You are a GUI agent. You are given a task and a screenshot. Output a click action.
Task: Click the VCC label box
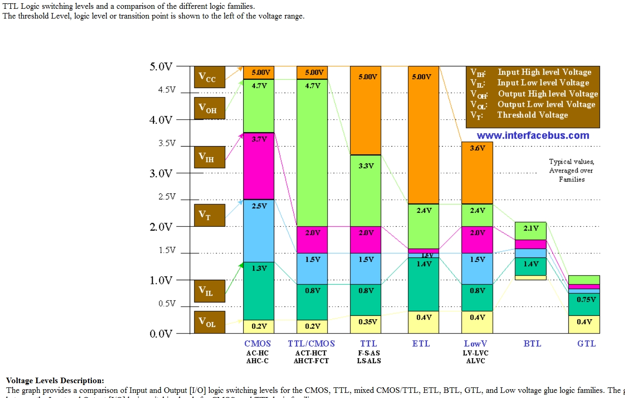[x=209, y=77]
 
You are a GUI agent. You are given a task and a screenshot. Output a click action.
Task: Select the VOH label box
[x=209, y=108]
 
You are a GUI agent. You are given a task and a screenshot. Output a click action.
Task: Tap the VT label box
[x=209, y=215]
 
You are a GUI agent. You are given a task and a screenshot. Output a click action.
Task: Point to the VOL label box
[x=209, y=322]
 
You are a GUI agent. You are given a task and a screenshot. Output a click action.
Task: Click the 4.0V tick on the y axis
[x=161, y=120]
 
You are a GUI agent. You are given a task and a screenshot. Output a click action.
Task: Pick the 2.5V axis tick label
[x=167, y=197]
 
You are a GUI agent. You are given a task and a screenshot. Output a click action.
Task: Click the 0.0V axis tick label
[x=161, y=334]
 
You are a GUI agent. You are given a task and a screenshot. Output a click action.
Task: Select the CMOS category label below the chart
[x=258, y=344]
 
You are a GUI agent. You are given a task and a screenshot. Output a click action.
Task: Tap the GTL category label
[x=586, y=344]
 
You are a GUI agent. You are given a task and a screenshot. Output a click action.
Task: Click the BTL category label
[x=532, y=344]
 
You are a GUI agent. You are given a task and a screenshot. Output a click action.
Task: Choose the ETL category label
[x=421, y=344]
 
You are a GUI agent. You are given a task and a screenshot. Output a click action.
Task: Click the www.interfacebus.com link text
[x=533, y=135]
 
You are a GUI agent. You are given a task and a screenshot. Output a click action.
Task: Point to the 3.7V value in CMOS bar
[x=259, y=139]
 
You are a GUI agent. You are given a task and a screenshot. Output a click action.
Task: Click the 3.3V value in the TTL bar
[x=366, y=166]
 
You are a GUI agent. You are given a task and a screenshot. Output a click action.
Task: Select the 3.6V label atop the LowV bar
[x=477, y=148]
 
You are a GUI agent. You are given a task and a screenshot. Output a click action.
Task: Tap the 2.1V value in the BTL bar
[x=531, y=228]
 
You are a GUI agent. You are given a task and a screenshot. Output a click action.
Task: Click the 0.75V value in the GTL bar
[x=586, y=300]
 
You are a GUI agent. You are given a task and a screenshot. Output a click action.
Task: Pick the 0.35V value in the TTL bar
[x=367, y=322]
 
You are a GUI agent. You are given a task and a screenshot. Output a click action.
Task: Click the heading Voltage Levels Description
[x=55, y=381]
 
